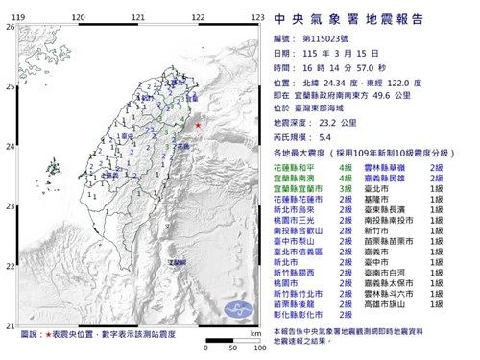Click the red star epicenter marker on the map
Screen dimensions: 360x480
coord(197,126)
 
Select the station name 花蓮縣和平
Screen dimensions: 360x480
coord(295,166)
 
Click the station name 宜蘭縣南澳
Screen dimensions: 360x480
coord(295,179)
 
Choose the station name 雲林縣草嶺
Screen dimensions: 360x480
coord(388,166)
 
